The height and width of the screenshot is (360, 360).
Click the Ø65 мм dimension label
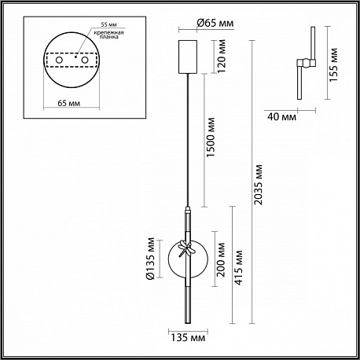[215, 23]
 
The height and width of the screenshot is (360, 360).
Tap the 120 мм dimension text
[222, 57]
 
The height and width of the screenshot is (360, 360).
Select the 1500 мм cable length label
[211, 138]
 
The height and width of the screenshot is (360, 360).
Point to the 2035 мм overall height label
[258, 185]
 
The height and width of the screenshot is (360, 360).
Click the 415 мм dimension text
[238, 267]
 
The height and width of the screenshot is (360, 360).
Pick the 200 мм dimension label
[221, 259]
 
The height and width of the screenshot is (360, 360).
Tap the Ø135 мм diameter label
[151, 259]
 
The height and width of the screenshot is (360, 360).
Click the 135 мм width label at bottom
[188, 338]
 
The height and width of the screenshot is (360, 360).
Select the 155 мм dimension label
[333, 64]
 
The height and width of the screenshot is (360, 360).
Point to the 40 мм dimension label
[281, 116]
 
